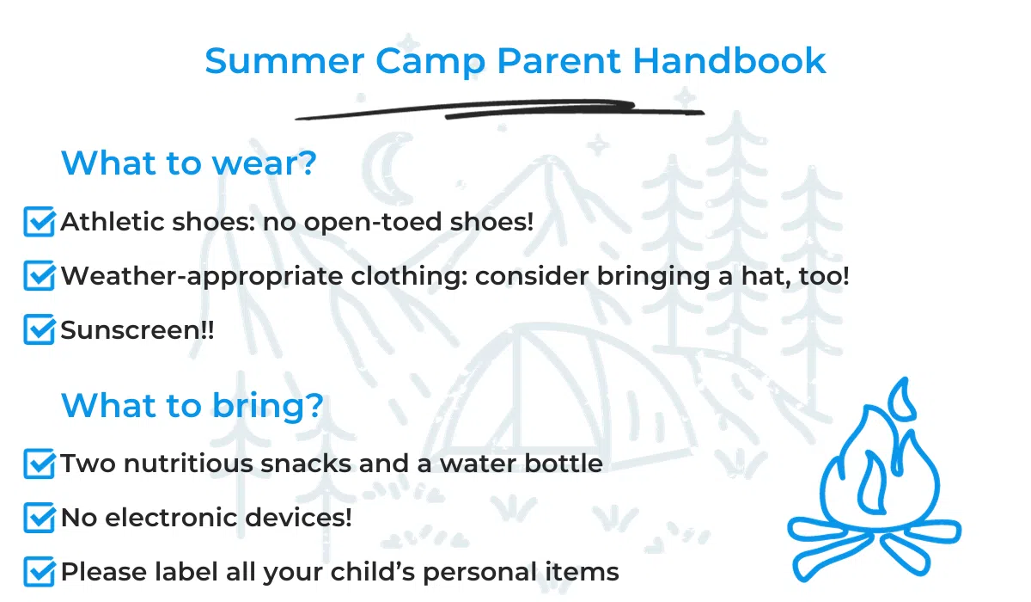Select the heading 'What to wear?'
[x=189, y=163]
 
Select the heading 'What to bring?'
[x=192, y=406]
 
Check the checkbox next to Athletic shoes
[x=39, y=222]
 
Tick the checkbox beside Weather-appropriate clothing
[x=39, y=276]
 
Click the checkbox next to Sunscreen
[x=39, y=330]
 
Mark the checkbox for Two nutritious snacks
[x=39, y=464]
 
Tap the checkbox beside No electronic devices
[x=39, y=518]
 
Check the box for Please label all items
[x=39, y=571]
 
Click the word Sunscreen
[x=129, y=330]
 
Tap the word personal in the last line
[x=479, y=572]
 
